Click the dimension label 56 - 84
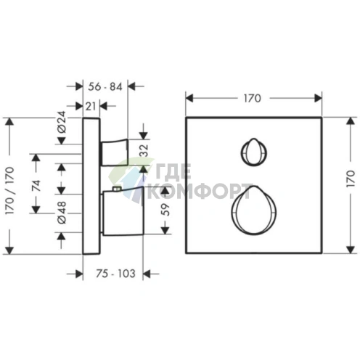point(105,86)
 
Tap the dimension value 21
point(91,106)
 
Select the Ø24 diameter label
point(62,122)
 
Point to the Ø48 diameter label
point(62,213)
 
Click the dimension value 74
point(36,186)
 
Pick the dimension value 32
point(144,150)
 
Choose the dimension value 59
point(165,210)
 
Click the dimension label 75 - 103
point(115,274)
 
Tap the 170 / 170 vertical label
point(9,191)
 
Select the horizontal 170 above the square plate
point(253,99)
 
